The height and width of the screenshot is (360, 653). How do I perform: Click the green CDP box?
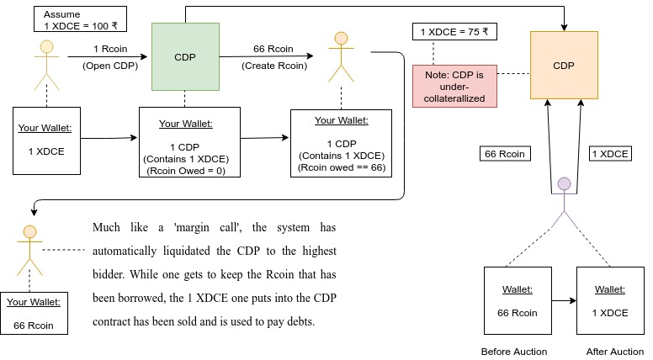(184, 56)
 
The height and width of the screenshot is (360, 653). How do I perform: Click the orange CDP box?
(564, 66)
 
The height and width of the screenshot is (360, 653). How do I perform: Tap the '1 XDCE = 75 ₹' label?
(453, 32)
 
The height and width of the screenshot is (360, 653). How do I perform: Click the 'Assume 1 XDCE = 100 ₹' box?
(81, 19)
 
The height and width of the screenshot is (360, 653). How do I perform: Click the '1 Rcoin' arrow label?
(109, 49)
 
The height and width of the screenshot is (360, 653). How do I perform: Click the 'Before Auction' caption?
(513, 351)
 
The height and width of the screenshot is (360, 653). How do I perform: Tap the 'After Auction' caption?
(613, 351)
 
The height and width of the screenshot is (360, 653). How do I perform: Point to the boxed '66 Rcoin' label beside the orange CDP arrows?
(503, 154)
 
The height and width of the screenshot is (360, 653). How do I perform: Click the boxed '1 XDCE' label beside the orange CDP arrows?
(610, 154)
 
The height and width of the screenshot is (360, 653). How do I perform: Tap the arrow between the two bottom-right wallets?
(564, 299)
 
